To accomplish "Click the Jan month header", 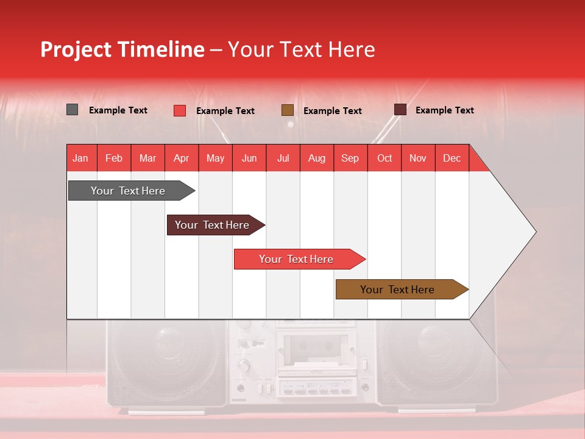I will (x=81, y=158).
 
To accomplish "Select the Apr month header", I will (x=182, y=158).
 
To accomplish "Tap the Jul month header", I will (x=283, y=158).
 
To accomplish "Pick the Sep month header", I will (x=350, y=158).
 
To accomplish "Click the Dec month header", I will (x=452, y=158).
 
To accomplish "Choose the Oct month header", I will (x=385, y=158).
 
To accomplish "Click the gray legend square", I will (x=72, y=110).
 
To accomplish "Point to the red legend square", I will (x=179, y=110).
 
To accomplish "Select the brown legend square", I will (x=288, y=110).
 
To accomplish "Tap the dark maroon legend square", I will (x=400, y=110).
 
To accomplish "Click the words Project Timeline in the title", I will (x=122, y=49).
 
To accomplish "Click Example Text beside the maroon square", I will (x=444, y=110).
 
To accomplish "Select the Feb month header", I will (x=114, y=158).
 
